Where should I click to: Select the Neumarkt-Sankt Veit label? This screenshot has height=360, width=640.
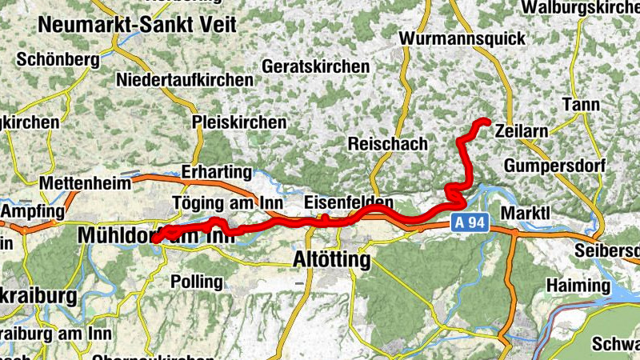[x=138, y=24]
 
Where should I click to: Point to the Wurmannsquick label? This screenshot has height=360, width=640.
[x=463, y=38]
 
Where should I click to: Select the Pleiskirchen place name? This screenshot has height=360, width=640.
[x=239, y=122]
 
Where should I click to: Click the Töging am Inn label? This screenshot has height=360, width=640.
[x=222, y=202]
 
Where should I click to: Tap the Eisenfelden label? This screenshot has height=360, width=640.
[x=350, y=202]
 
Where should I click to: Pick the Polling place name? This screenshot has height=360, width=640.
[x=197, y=282]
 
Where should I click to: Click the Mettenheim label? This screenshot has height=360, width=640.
[x=89, y=182]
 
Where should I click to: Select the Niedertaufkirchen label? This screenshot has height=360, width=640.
[x=185, y=80]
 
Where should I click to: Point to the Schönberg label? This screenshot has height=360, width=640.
[x=58, y=59]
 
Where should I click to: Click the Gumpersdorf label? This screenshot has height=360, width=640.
[x=557, y=165]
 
